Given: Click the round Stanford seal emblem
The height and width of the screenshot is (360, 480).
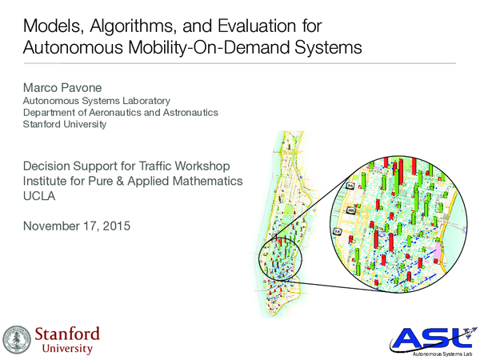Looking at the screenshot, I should pyautogui.click(x=18, y=338).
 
